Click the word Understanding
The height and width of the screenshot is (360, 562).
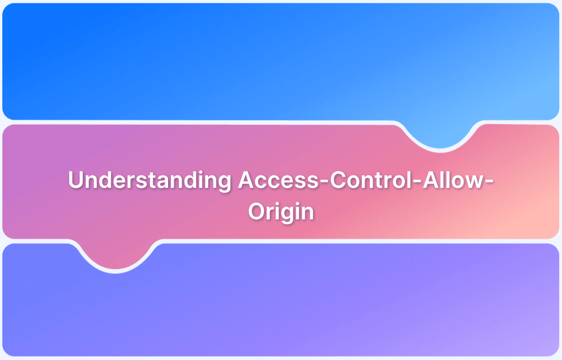point(149,181)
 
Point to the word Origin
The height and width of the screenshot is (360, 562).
point(281,212)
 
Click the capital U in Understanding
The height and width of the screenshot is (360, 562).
point(75,181)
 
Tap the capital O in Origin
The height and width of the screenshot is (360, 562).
point(257,212)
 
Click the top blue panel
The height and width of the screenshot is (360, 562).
point(225,56)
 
